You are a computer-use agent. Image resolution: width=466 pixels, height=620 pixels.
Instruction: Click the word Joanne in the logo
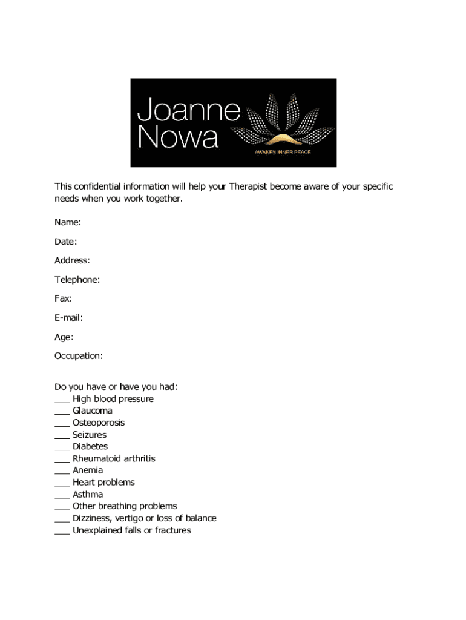click(x=189, y=111)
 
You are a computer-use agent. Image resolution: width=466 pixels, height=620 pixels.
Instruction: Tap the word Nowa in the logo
click(x=178, y=137)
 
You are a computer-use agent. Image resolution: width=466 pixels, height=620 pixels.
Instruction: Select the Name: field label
click(x=68, y=222)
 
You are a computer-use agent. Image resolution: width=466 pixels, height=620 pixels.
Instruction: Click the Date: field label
click(x=66, y=242)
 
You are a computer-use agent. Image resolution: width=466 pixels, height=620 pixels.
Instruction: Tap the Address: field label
click(x=72, y=260)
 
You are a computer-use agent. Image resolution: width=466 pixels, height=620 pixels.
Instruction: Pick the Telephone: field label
click(x=77, y=280)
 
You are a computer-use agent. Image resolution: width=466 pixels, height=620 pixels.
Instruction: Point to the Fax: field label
click(x=63, y=298)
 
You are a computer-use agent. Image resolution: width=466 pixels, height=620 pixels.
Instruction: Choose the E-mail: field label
click(x=68, y=318)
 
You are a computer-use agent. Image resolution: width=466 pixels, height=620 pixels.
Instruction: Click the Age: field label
click(x=64, y=337)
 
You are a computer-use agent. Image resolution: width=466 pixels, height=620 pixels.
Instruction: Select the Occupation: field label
click(x=79, y=356)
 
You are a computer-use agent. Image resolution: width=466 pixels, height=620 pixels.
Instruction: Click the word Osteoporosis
click(x=99, y=423)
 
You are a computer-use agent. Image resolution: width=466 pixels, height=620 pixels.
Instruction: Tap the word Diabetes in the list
click(x=90, y=446)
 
